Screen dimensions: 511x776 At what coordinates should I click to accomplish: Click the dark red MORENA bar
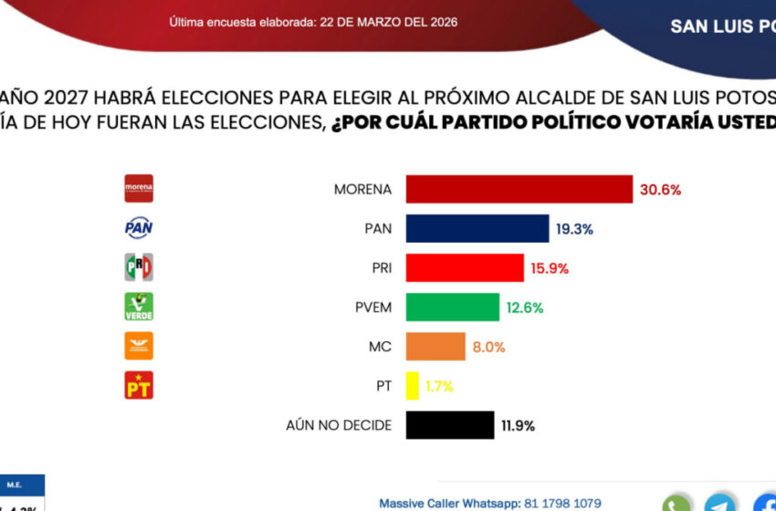519,189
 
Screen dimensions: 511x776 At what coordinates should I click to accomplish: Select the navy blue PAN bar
477,228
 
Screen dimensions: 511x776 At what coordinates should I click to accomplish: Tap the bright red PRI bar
464,268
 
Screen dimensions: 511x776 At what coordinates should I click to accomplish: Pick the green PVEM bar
452,308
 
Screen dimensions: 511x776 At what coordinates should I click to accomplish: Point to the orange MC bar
435,347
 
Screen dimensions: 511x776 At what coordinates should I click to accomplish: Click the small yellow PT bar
412,386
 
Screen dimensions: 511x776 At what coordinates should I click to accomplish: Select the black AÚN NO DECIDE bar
449,425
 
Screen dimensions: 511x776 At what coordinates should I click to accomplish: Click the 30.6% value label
661,190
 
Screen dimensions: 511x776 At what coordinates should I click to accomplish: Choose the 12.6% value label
524,308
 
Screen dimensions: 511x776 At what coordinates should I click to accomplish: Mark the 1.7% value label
439,386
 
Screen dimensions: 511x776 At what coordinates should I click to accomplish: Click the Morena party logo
139,189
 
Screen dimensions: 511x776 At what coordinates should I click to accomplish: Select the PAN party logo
139,228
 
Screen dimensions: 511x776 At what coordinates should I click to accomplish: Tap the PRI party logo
139,267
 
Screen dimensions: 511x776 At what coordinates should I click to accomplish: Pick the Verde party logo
139,307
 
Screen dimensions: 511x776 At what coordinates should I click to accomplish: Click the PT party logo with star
139,385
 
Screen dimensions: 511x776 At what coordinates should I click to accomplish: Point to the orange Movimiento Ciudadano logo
139,346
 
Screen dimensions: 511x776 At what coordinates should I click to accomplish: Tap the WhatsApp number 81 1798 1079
562,503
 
